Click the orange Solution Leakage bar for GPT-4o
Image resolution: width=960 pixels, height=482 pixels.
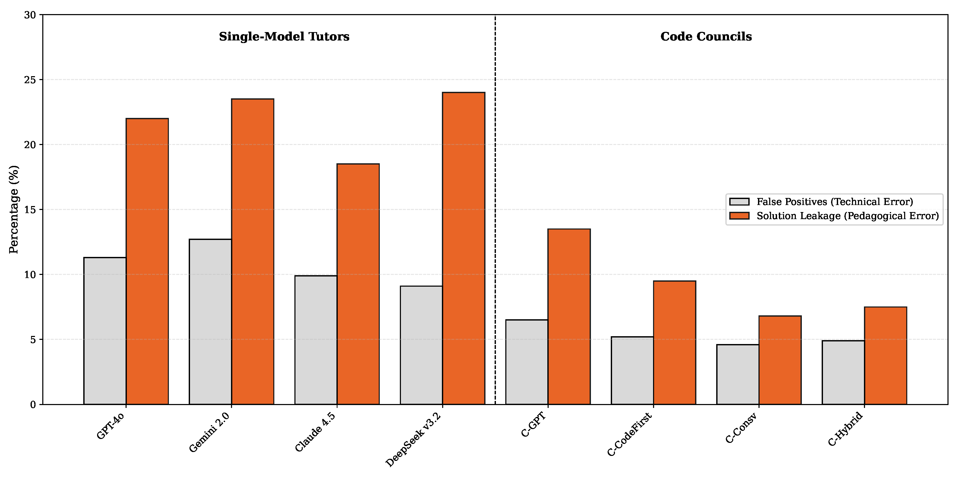click(x=147, y=261)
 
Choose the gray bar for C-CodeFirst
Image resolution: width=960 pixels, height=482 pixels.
click(x=632, y=370)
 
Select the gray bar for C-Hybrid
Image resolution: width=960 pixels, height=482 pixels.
click(x=843, y=372)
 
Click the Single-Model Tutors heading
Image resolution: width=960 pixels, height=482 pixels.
click(x=284, y=37)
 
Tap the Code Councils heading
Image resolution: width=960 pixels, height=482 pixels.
click(x=706, y=37)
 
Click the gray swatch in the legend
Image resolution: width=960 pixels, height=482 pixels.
click(x=739, y=202)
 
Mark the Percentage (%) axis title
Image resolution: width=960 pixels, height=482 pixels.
click(x=14, y=209)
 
